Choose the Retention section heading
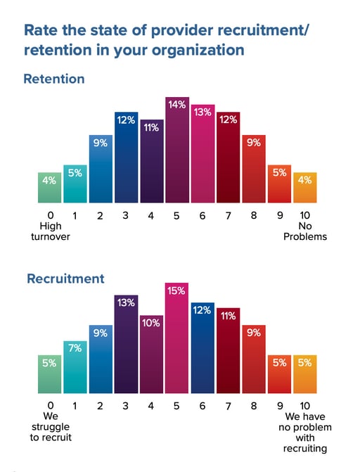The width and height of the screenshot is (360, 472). [54, 79]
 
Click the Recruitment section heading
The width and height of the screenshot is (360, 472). [65, 279]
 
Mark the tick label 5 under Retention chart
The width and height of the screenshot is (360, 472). [176, 216]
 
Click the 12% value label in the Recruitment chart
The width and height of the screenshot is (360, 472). [202, 310]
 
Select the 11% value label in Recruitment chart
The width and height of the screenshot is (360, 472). [228, 317]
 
